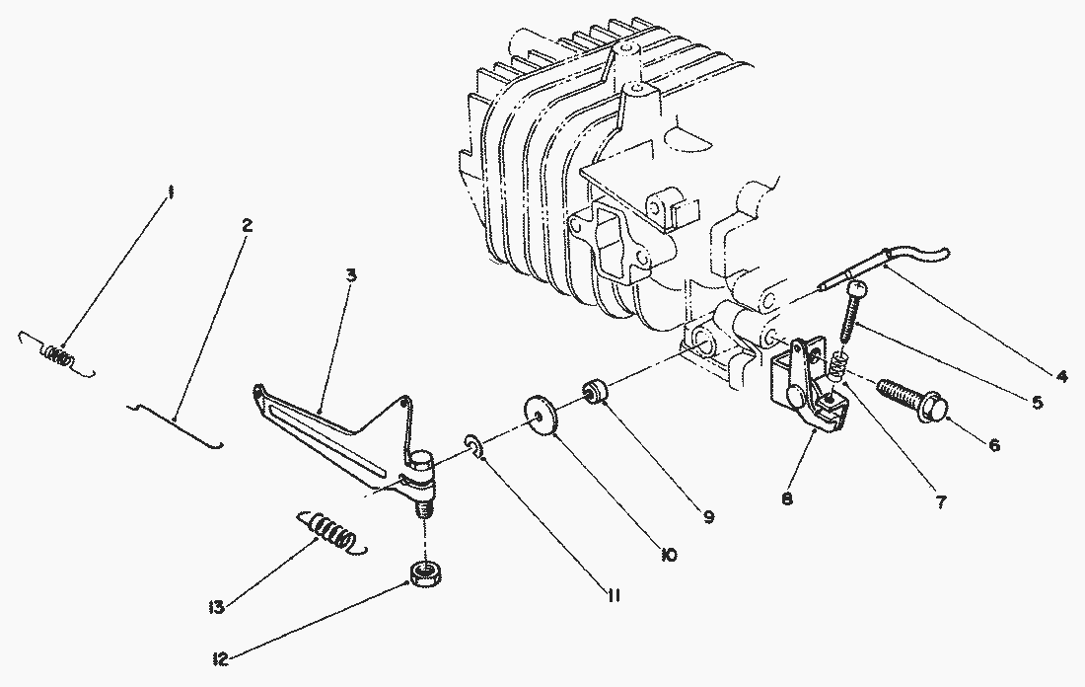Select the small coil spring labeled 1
[x=57, y=354]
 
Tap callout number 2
[x=247, y=226]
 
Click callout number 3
[x=351, y=275]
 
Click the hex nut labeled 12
[x=427, y=574]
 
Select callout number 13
[x=217, y=608]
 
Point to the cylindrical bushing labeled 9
[x=594, y=391]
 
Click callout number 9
[x=708, y=516]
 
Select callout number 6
[x=993, y=445]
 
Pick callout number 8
[x=787, y=498]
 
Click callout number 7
[x=940, y=502]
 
